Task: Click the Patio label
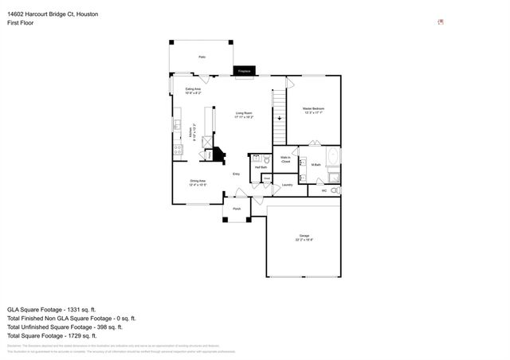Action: (202, 57)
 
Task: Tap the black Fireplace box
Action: (245, 72)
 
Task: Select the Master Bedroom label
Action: (313, 110)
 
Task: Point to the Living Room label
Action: (244, 115)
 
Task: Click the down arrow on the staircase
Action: (279, 118)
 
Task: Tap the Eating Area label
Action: (193, 91)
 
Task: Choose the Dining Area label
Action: (198, 182)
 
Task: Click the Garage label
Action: (304, 237)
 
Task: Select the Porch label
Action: (237, 209)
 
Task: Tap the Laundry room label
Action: (287, 185)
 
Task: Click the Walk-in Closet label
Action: (285, 160)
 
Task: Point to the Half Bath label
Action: (261, 167)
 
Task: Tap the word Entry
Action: (236, 174)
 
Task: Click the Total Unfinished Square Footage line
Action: (64, 327)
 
